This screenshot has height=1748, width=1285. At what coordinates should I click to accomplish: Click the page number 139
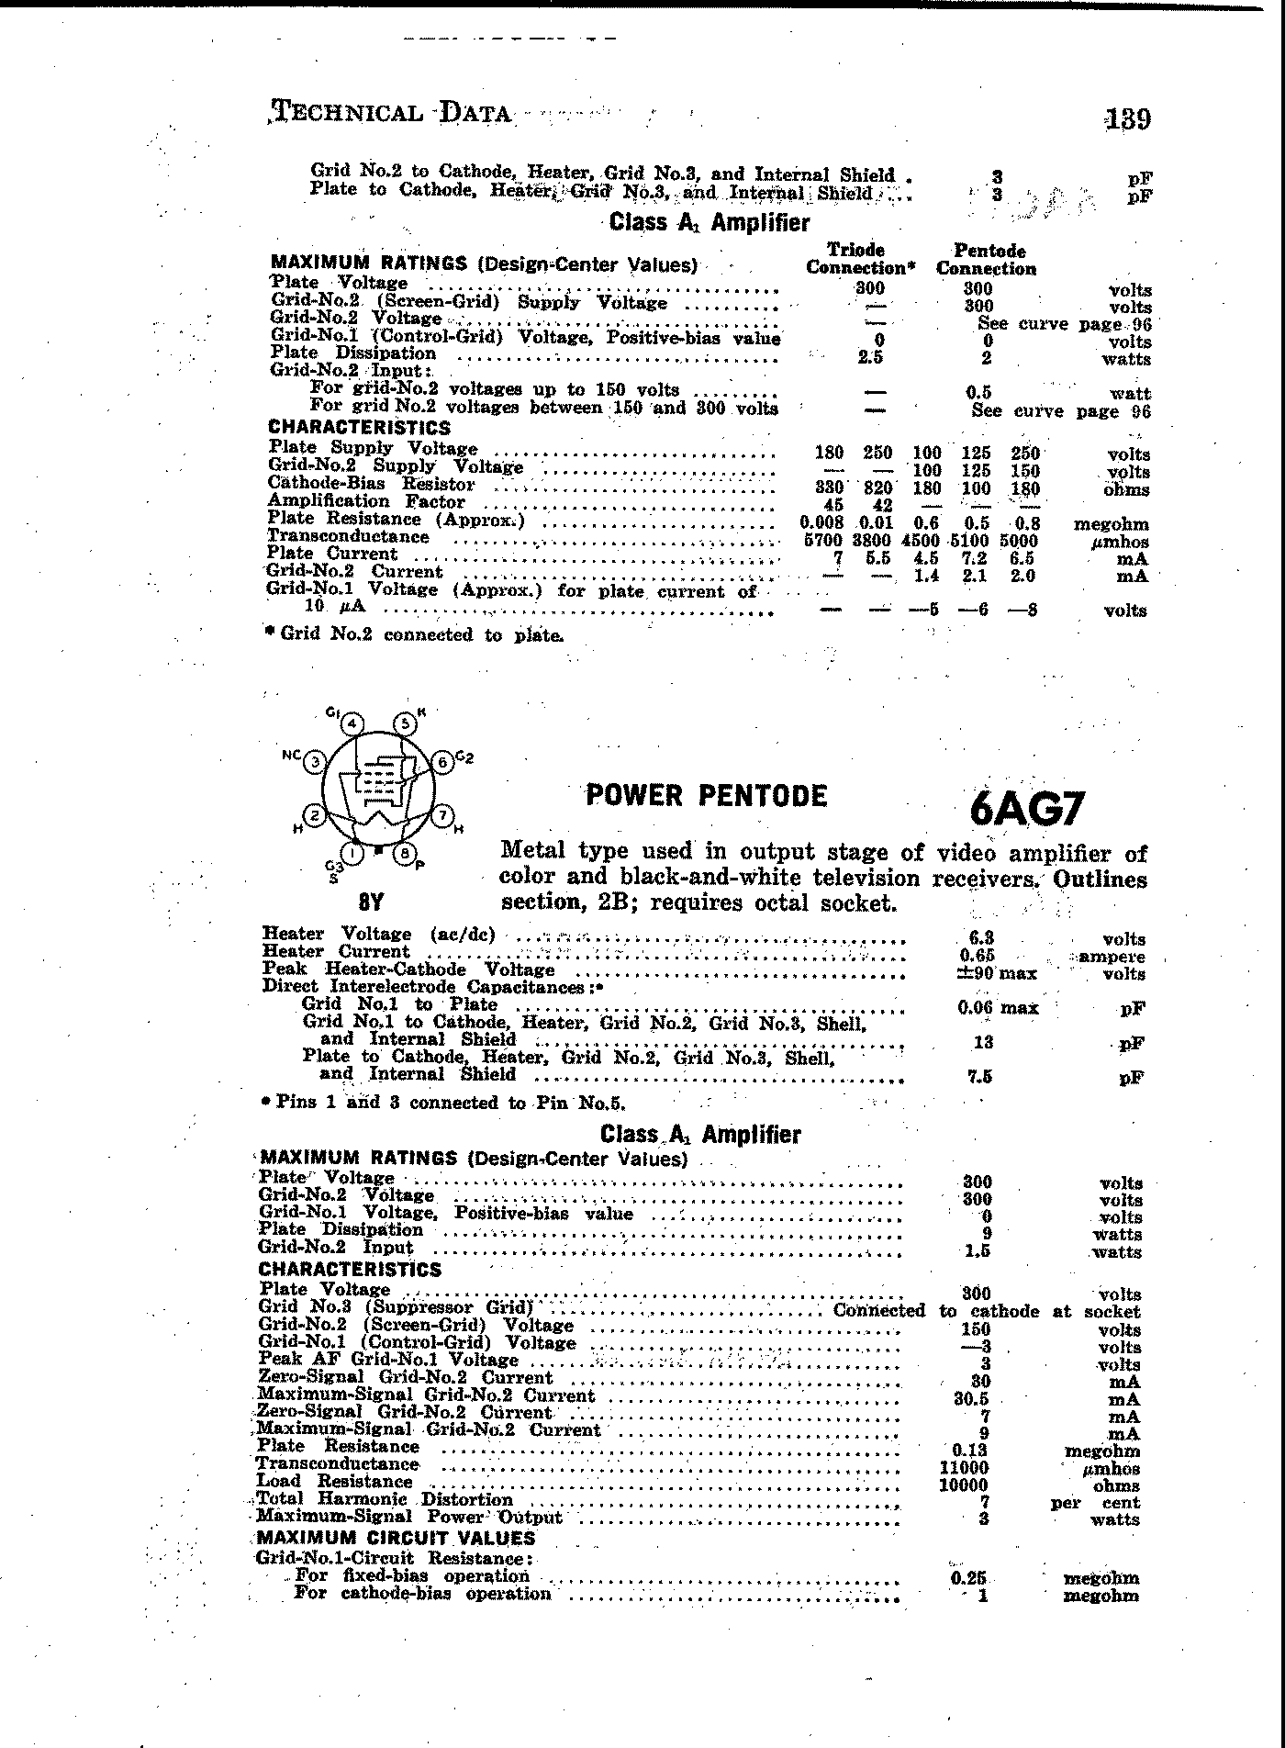coord(1128,119)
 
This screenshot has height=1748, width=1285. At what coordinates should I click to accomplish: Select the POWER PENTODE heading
coord(707,795)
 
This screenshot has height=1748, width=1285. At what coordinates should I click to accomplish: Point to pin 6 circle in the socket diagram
coord(441,762)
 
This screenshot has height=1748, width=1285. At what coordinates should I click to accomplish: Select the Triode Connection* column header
coord(855,259)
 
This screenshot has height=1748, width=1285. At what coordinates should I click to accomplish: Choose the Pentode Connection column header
coord(987,260)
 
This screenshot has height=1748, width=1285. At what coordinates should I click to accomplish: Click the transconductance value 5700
coord(822,542)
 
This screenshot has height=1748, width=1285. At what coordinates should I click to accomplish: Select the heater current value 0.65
coord(977,956)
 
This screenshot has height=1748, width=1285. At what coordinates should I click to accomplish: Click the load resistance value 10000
coord(963,1485)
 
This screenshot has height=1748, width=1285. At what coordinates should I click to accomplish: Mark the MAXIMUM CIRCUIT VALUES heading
coord(396,1538)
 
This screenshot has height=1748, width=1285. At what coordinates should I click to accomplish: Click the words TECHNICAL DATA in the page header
coord(392,113)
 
